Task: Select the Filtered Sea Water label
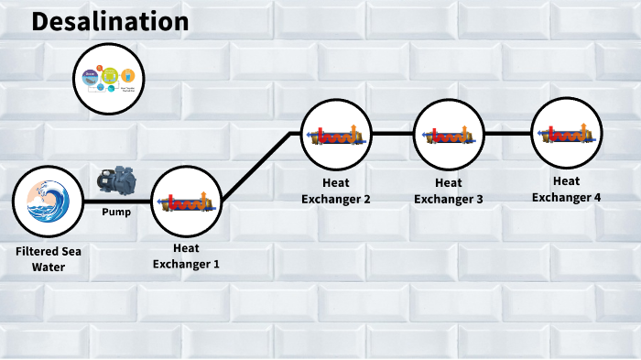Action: (47, 259)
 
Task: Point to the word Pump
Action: (115, 213)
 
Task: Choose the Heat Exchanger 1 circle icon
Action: (187, 202)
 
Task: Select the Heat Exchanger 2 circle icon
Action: (336, 135)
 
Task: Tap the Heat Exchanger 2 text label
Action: (336, 191)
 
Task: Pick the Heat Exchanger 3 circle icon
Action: (449, 135)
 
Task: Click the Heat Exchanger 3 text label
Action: (449, 191)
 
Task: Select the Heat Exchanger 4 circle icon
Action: (567, 133)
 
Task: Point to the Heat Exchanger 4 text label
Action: (567, 189)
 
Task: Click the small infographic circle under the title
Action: (109, 80)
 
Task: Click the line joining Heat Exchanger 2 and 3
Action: (392, 134)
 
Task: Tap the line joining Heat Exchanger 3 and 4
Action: (507, 134)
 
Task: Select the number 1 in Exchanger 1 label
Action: (216, 264)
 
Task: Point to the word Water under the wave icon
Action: (47, 267)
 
